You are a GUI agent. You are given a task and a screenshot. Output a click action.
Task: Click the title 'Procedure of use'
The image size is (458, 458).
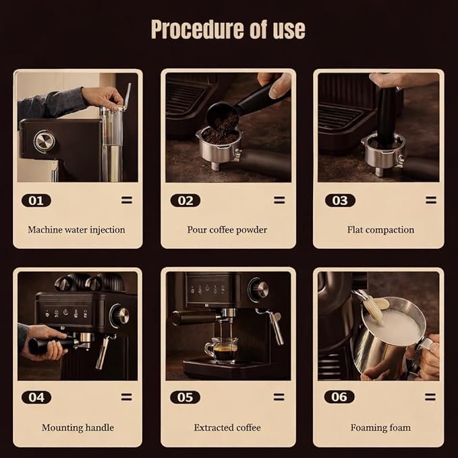[228, 30]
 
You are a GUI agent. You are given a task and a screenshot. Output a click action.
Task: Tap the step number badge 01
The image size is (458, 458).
[36, 200]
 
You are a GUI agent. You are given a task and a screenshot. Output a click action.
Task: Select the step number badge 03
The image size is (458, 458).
[340, 200]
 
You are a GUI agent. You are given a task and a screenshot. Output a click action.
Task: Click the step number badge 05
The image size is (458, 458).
[185, 397]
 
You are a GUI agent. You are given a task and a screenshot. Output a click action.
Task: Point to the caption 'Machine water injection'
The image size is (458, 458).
[76, 230]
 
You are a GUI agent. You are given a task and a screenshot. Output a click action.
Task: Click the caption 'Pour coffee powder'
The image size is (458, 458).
[227, 230]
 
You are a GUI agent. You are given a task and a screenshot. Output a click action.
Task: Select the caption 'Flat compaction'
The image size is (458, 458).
[380, 230]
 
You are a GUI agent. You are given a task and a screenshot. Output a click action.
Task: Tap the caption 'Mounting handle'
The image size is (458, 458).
[78, 428]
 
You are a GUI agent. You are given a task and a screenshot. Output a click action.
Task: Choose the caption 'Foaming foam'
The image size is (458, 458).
[380, 428]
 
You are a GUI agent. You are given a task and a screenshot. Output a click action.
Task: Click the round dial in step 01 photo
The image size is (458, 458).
[44, 142]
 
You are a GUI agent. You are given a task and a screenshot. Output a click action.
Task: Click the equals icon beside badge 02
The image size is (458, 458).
[279, 200]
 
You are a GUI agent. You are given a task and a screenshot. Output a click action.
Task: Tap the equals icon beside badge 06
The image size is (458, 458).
[430, 397]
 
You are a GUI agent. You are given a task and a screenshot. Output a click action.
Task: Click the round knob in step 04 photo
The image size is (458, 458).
[120, 316]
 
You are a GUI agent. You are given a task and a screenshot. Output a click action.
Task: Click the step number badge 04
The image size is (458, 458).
[36, 397]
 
